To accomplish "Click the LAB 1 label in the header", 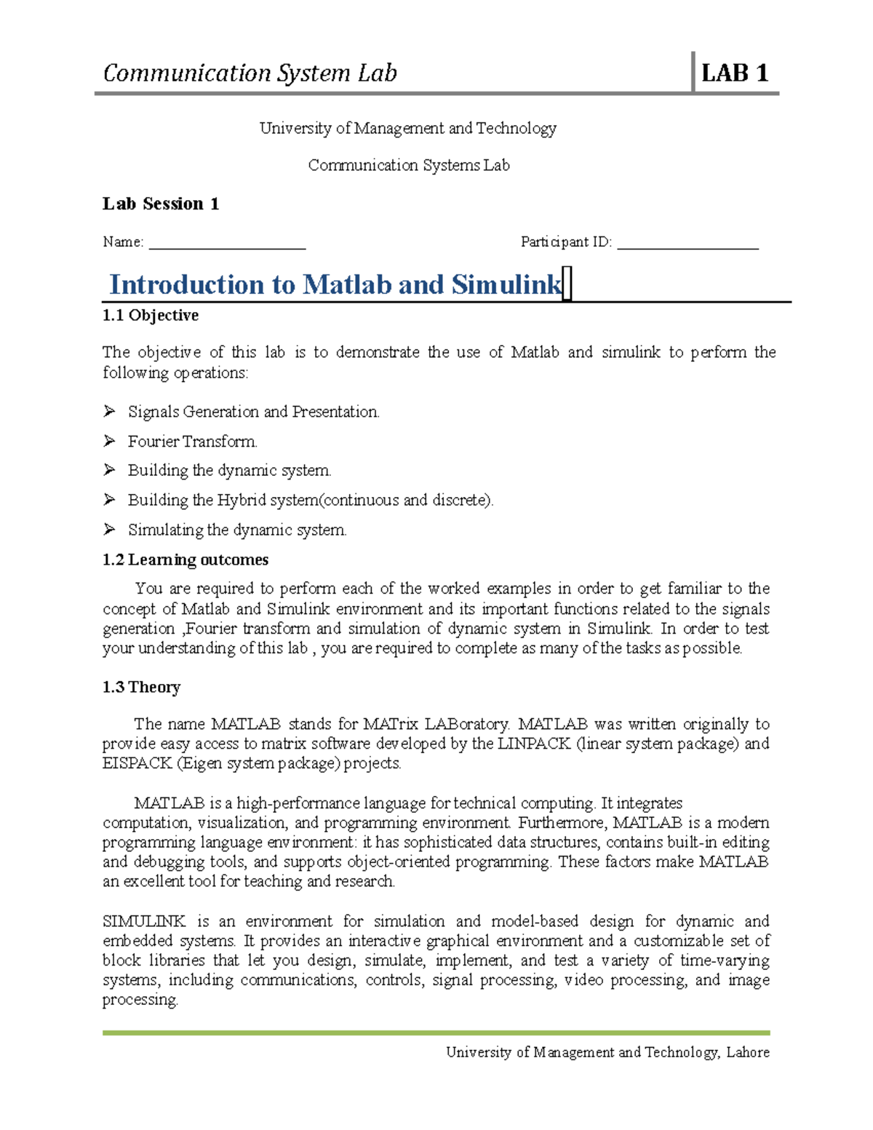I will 734,73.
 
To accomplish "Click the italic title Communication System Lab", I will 250,73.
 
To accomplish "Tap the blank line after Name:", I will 227,243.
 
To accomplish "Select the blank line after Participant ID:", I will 687,243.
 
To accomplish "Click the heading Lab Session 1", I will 160,204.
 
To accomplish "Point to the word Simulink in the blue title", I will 506,285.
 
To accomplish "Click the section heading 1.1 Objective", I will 151,315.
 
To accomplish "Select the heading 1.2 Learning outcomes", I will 186,560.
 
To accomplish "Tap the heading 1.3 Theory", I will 141,687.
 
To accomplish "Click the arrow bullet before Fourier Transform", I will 110,441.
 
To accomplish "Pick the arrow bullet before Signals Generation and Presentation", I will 110,412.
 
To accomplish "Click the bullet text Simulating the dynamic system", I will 237,530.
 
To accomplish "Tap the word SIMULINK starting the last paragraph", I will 144,921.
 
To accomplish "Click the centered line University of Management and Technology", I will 408,129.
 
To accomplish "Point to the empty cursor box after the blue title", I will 567,284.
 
